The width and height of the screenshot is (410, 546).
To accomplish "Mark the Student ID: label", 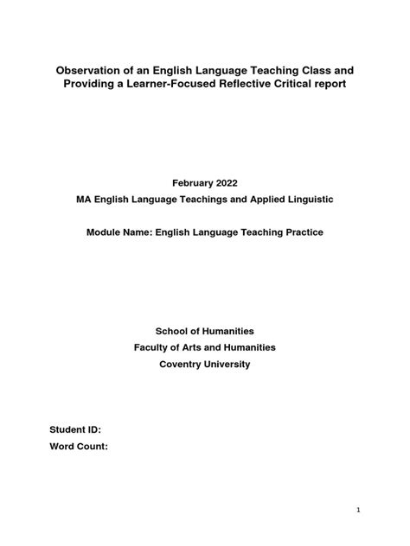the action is (x=75, y=429).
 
